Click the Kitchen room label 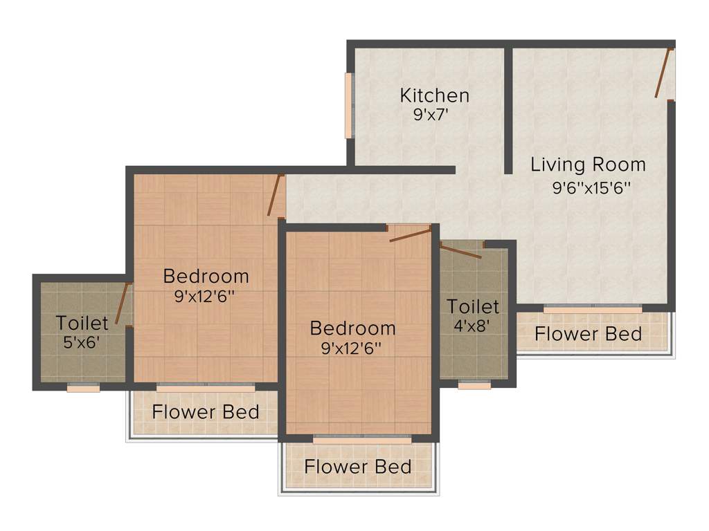[435, 95]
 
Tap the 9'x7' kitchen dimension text [432, 115]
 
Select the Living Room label [588, 165]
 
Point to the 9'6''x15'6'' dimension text [591, 187]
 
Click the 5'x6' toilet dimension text [82, 342]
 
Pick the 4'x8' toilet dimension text [473, 325]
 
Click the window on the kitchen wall [349, 106]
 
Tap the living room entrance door [663, 73]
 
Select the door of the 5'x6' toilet [123, 304]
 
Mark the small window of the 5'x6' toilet [83, 388]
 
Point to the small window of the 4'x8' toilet [474, 385]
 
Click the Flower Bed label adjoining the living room [588, 334]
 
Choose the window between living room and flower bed [593, 309]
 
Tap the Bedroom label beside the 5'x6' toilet [206, 277]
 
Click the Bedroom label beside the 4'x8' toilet [352, 328]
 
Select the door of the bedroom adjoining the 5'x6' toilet [276, 196]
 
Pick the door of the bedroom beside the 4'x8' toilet [410, 234]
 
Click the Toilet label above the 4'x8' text [473, 306]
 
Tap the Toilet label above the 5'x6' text [82, 323]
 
